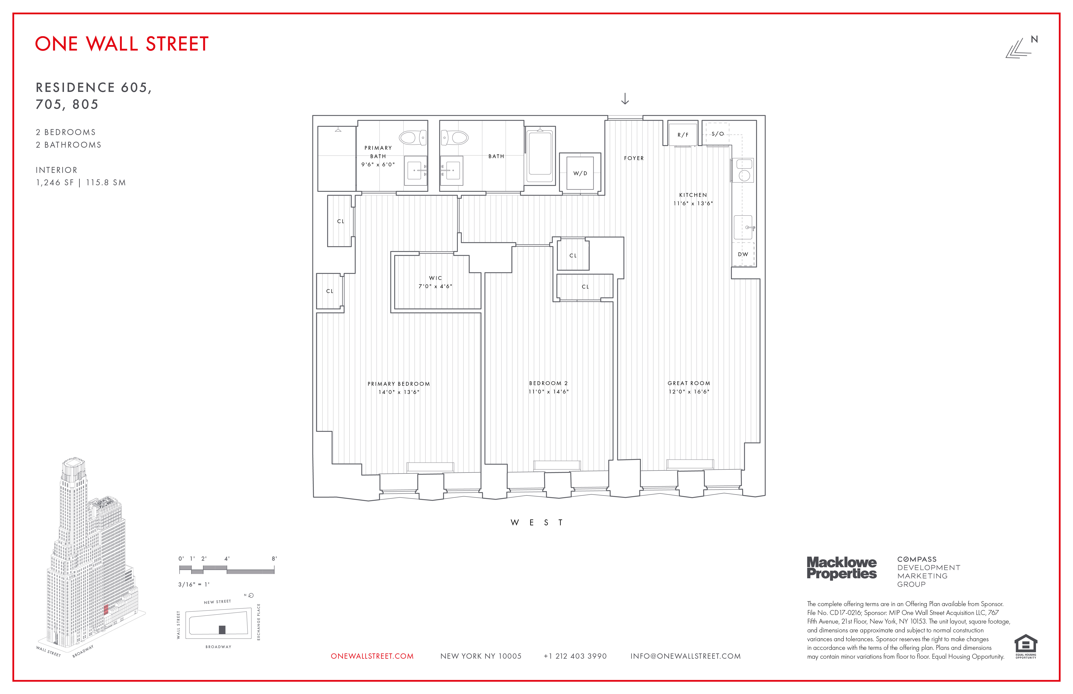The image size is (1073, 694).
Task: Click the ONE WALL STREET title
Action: point(122,44)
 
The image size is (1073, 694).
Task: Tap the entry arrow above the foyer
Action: point(625,99)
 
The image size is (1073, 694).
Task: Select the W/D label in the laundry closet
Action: point(580,173)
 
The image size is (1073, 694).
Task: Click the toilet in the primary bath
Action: point(412,138)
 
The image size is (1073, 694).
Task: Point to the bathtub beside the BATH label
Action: point(540,155)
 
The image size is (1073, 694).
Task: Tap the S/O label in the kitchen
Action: point(718,134)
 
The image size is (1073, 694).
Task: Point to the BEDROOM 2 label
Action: point(548,383)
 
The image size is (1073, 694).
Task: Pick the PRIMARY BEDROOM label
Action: point(398,384)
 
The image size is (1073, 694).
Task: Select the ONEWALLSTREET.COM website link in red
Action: point(372,656)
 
